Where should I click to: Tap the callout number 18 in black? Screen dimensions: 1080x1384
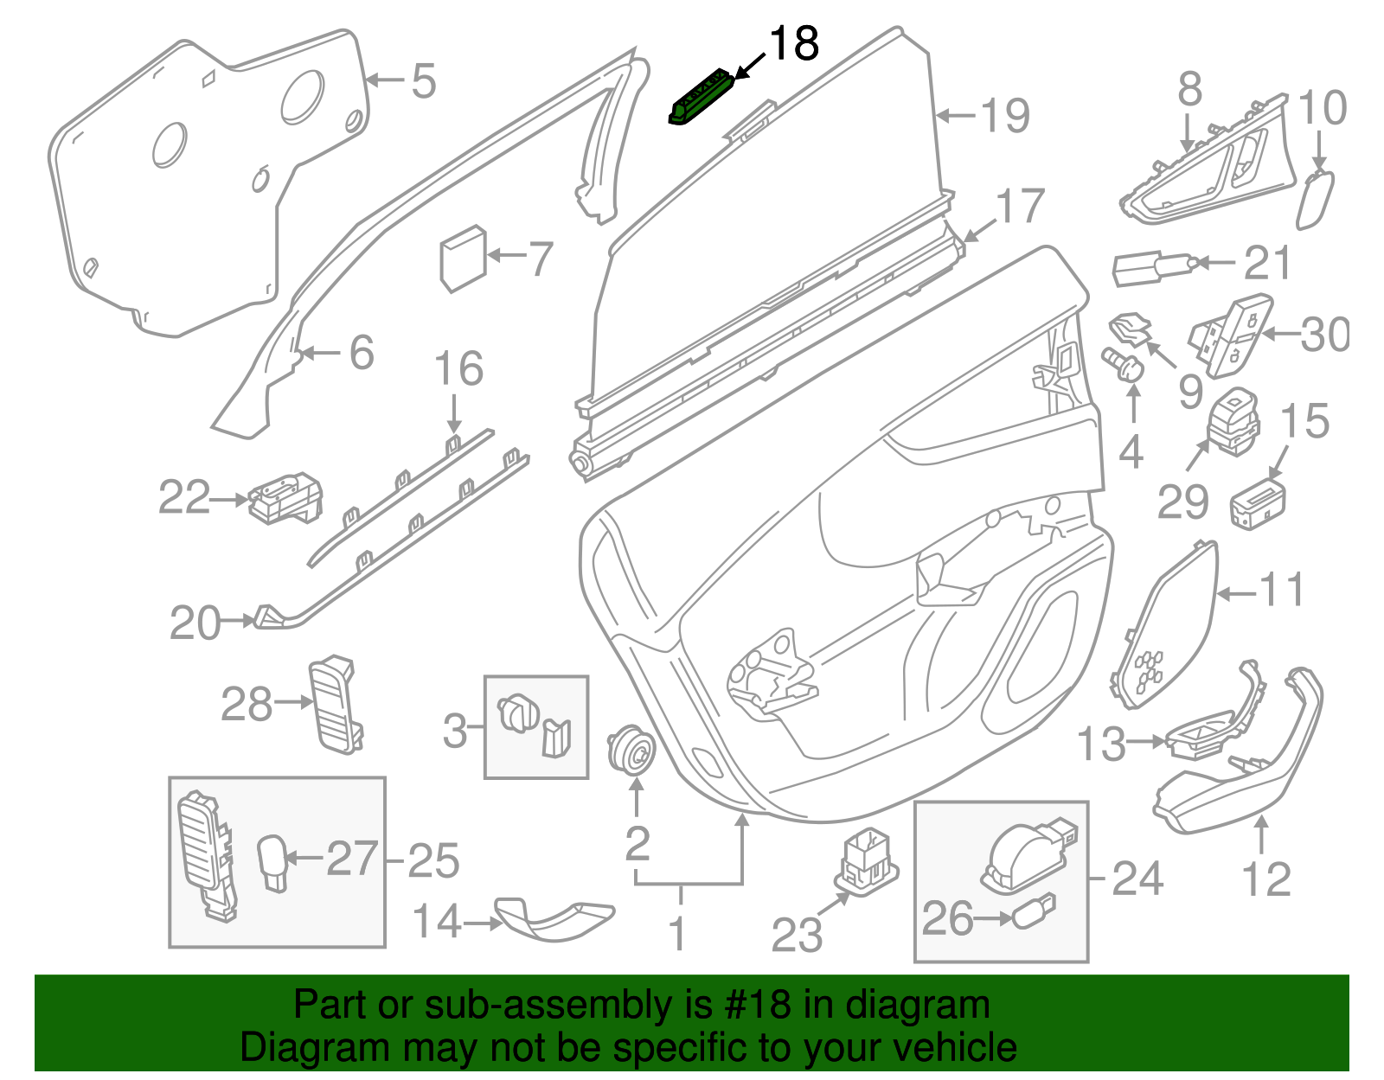tap(793, 44)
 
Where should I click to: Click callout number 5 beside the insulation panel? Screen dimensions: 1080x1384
tap(423, 81)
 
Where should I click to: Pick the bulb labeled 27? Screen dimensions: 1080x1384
tap(272, 861)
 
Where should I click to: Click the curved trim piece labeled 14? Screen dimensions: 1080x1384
tap(554, 920)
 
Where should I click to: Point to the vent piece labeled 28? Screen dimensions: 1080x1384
tap(335, 704)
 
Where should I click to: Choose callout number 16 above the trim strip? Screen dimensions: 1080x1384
tap(458, 370)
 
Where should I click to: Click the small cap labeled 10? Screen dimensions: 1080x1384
tap(1314, 200)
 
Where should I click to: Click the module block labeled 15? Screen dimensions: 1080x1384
tap(1257, 503)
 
